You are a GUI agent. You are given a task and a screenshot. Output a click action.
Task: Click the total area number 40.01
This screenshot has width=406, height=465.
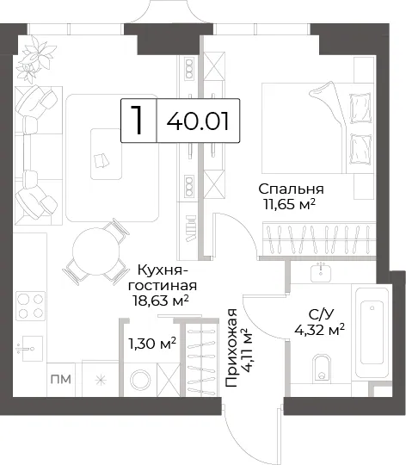198,121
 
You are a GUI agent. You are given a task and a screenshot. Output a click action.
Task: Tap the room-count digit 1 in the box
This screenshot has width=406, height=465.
137,121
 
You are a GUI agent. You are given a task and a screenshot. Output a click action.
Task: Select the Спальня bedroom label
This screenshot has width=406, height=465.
291,189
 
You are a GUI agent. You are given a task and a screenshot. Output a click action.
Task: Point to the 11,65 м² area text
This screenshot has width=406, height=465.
289,204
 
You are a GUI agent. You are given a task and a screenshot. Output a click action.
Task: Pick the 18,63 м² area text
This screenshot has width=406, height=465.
161,301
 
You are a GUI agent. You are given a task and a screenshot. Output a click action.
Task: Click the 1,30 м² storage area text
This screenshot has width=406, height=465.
152,344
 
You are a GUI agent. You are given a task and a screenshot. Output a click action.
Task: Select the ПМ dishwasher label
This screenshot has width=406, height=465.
61,379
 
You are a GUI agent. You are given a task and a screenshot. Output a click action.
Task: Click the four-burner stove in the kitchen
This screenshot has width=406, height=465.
31,306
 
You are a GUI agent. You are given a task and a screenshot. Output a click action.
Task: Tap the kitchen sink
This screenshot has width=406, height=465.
30,349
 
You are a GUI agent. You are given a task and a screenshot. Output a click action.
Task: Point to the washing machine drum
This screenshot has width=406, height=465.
140,380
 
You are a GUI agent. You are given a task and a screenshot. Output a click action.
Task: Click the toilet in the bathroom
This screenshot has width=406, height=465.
322,368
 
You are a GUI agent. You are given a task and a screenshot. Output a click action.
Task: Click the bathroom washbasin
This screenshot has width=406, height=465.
321,272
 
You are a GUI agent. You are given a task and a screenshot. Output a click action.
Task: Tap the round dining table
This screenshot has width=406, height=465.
96,251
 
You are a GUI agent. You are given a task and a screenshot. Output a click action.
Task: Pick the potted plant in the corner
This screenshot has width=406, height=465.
35,59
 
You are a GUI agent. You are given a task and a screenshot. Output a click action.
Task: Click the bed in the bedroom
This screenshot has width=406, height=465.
317,127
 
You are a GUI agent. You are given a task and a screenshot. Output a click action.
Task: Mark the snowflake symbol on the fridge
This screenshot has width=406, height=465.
101,380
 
